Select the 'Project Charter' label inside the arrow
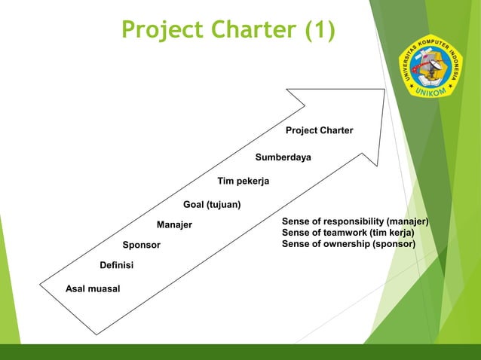319,131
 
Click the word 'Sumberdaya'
283,157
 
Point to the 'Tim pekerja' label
243,182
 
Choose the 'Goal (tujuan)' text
212,205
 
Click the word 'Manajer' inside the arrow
174,225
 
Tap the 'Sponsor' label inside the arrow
141,246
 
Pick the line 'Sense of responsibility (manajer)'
355,222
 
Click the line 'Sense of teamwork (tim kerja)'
348,233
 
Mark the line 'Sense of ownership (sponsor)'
348,245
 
